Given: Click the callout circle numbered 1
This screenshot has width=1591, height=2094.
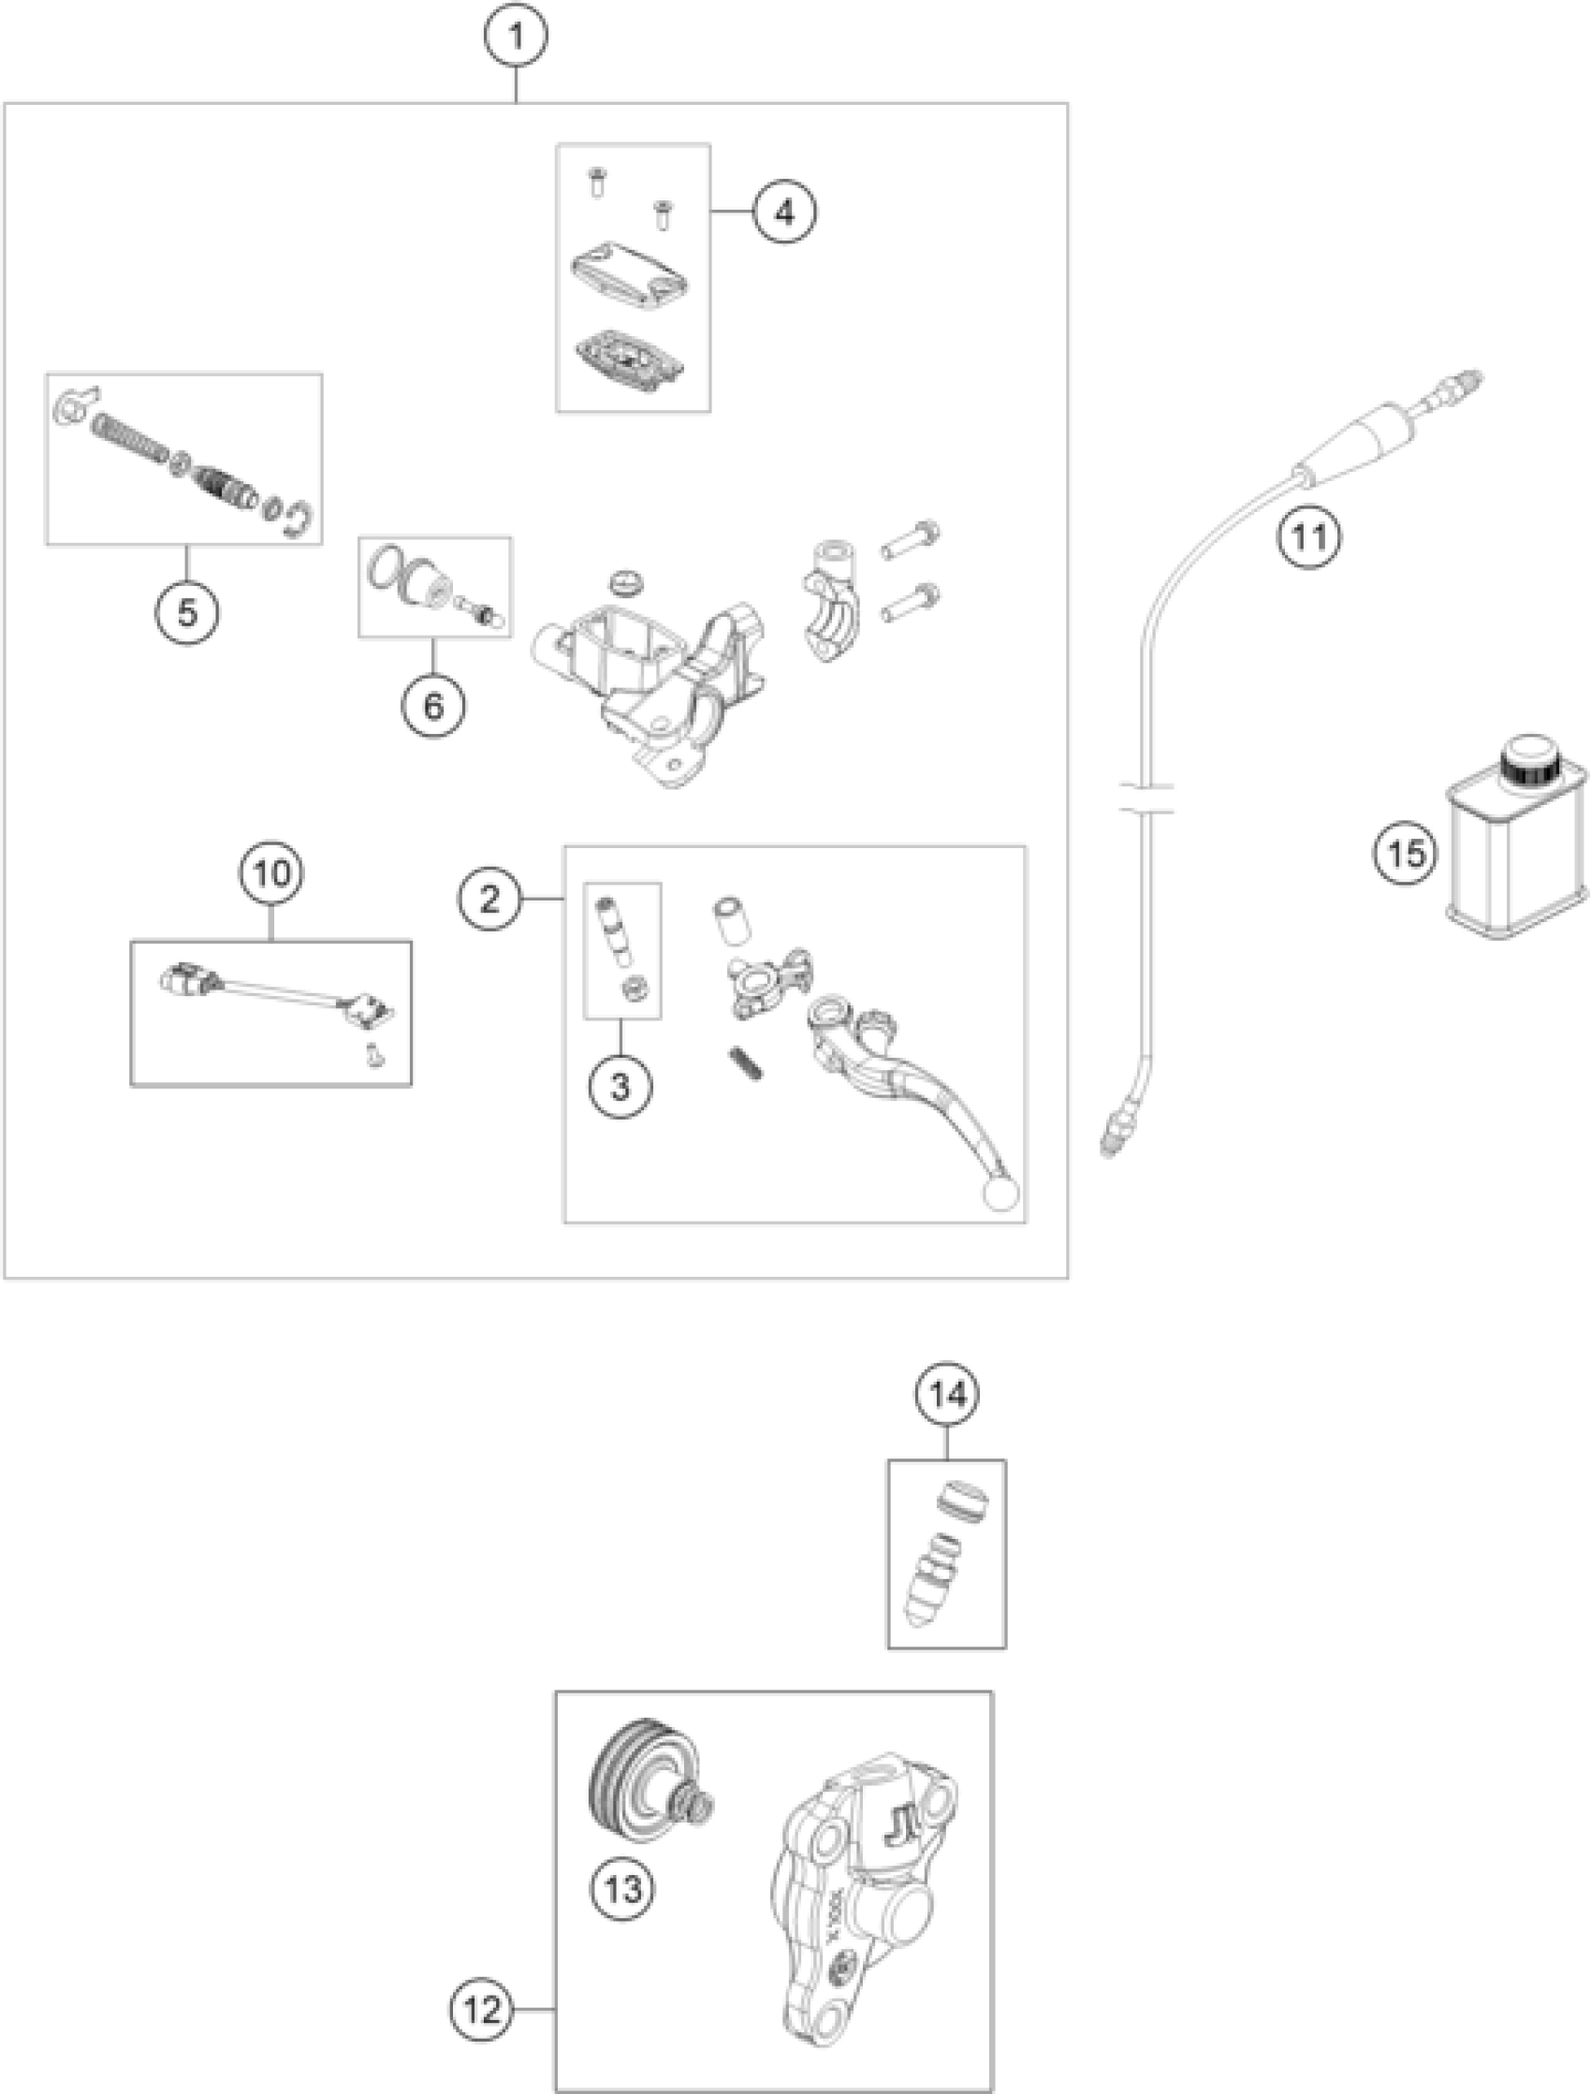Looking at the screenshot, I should point(516,37).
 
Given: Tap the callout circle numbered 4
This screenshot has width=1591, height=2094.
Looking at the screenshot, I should point(784,212).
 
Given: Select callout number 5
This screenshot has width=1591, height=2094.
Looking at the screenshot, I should point(186,612).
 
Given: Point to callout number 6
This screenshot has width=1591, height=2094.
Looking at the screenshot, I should point(432,705).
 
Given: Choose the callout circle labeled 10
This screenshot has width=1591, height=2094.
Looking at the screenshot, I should point(271,872).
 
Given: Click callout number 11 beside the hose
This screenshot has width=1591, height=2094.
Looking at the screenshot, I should point(1309,537).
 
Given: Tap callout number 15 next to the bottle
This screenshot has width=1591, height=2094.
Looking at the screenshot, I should point(1406,853).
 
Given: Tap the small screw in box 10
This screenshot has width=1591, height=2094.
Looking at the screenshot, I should point(375,1055).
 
